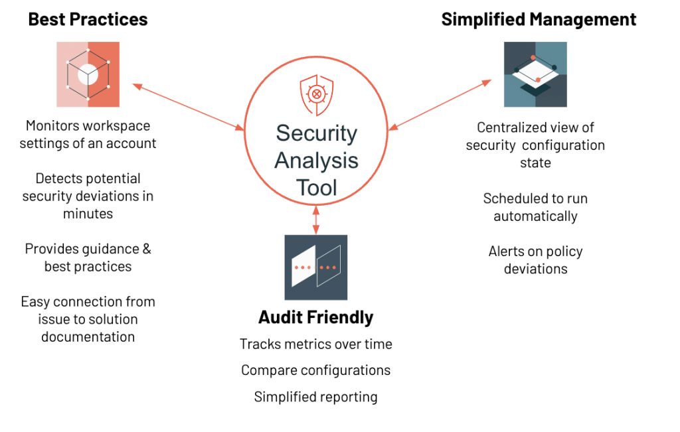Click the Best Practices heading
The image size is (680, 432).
tap(88, 19)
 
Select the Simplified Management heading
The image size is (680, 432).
tap(539, 19)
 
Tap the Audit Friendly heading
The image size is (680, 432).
tap(315, 317)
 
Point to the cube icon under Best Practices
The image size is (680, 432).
tap(88, 74)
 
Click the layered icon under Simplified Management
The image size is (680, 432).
tap(535, 74)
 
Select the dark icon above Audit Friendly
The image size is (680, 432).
tap(316, 267)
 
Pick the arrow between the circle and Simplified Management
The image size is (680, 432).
tap(440, 104)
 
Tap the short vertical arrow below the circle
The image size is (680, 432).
tap(316, 218)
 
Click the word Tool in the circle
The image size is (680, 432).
tap(317, 188)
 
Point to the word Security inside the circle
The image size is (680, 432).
tap(317, 133)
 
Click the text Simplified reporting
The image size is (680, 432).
tap(315, 397)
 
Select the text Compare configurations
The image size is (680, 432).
tap(315, 370)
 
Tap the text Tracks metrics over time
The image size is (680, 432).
tap(315, 344)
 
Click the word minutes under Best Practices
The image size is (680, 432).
tap(88, 214)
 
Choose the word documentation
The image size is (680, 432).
tap(88, 336)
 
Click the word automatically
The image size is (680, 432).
tap(535, 216)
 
